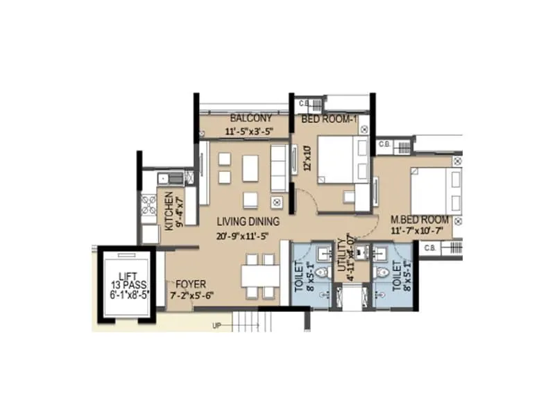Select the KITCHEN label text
169,211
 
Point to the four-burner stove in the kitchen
150,205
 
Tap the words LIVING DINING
248,222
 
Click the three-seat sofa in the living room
279,168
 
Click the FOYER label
191,283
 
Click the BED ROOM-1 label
329,119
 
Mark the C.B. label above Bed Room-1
304,104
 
